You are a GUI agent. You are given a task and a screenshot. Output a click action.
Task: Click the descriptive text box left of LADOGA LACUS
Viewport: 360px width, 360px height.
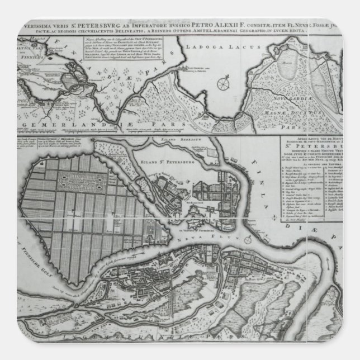pyautogui.click(x=114, y=52)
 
